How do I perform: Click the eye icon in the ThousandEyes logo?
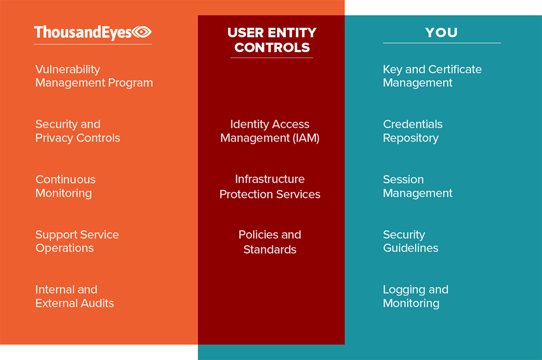(x=142, y=32)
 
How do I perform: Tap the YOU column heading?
(x=441, y=33)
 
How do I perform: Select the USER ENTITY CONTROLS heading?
(x=272, y=40)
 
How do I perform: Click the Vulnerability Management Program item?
(x=94, y=76)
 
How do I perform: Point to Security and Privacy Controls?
(x=78, y=131)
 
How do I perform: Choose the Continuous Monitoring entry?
(x=66, y=186)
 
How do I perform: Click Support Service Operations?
(x=77, y=241)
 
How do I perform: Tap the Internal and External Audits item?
(x=75, y=297)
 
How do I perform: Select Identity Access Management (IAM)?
(x=270, y=131)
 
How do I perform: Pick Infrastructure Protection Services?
(x=270, y=187)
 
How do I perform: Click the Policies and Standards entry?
(x=270, y=242)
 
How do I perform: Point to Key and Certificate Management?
(x=432, y=76)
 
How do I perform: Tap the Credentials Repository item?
(x=412, y=131)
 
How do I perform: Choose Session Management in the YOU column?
(x=417, y=186)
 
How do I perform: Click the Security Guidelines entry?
(x=411, y=241)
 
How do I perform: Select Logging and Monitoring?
(x=416, y=297)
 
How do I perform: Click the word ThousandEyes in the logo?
(x=83, y=33)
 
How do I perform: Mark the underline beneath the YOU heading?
(x=442, y=43)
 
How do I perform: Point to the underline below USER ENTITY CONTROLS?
(x=272, y=58)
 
